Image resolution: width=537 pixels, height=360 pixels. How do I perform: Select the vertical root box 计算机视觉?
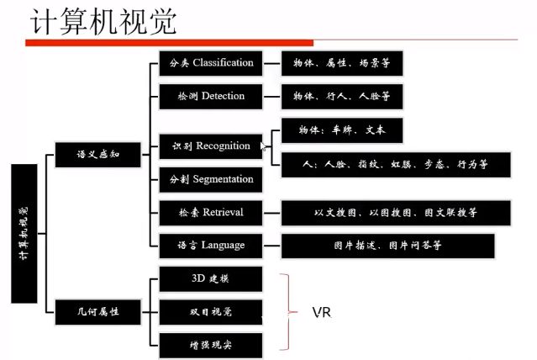click(24, 233)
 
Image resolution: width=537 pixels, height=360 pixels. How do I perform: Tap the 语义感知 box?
click(97, 155)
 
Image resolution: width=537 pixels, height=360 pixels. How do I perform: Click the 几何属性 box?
click(97, 311)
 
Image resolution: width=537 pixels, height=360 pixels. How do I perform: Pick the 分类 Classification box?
click(211, 63)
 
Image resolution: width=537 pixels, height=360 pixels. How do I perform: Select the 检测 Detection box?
click(211, 96)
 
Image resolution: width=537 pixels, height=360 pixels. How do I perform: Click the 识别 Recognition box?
click(211, 146)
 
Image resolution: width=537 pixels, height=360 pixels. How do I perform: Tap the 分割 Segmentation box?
click(211, 179)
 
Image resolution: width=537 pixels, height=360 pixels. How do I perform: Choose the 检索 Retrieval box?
click(211, 212)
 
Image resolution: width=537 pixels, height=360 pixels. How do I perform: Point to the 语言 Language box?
click(211, 245)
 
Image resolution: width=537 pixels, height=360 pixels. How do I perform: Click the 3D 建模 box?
click(211, 278)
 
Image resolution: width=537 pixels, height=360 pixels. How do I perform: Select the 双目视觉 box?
click(211, 311)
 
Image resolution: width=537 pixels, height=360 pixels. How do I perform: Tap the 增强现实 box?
click(211, 344)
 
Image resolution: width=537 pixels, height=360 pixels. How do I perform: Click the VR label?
click(321, 312)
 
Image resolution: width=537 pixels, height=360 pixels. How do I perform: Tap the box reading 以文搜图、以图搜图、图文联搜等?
click(395, 213)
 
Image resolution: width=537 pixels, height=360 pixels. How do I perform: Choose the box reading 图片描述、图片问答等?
click(387, 246)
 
